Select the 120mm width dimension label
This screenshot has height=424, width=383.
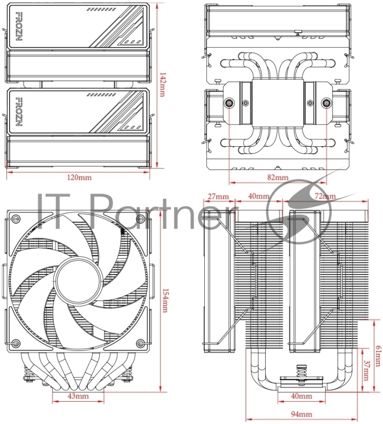79,176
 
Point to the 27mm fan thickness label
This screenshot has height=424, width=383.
218,197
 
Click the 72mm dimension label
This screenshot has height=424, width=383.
325,197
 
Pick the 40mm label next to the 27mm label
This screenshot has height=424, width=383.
259,197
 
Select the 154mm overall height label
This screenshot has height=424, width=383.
164,300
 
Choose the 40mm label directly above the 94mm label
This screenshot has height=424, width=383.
301,396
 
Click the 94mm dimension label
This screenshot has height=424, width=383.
301,414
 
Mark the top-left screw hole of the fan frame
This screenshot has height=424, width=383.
16,218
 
